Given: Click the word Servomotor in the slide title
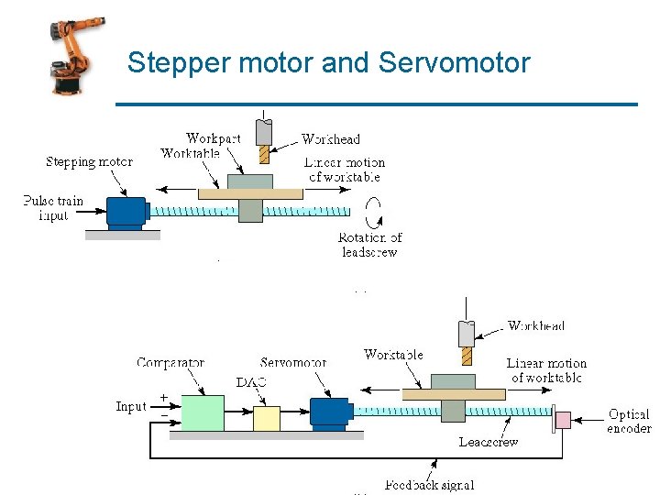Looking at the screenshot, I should [454, 62].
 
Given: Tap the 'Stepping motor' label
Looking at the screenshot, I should [89, 162].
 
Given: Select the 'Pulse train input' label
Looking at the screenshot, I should [53, 208].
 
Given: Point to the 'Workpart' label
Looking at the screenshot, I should [213, 138].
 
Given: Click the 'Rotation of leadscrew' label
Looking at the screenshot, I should [370, 245].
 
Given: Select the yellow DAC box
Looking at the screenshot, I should [266, 418].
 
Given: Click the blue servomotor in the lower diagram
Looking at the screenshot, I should [329, 412].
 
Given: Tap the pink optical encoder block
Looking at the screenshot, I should [562, 421].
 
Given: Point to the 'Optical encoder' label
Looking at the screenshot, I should [629, 422].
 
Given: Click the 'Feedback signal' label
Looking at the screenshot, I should [429, 485].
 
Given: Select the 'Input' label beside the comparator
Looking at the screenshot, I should [131, 406].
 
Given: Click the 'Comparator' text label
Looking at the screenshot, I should [170, 363].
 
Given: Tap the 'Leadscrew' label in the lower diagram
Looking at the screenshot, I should [489, 442].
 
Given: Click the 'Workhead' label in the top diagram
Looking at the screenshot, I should [331, 139].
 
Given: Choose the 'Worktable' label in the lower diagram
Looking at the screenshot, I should [393, 355].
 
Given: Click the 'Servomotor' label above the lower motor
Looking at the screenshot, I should [293, 363].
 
